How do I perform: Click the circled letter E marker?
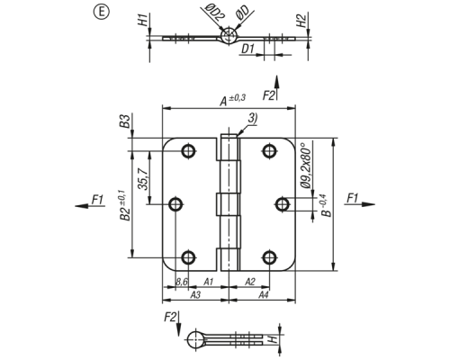click(x=102, y=13)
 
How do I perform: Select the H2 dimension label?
click(x=301, y=21)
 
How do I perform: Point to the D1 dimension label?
click(x=248, y=49)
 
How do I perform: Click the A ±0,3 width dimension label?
click(x=233, y=100)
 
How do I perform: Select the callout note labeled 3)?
click(x=253, y=118)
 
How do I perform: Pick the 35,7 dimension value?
click(x=143, y=179)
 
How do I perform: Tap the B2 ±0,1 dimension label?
click(x=124, y=205)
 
